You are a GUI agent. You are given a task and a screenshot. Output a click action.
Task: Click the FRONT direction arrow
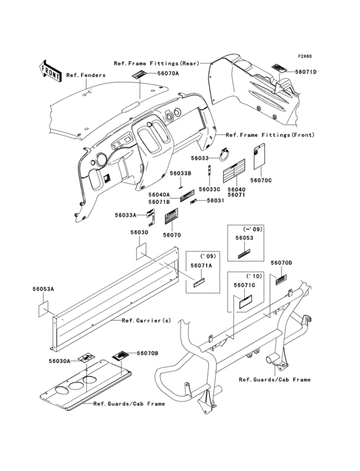(50, 71)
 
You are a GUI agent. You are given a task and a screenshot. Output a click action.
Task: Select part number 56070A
(166, 73)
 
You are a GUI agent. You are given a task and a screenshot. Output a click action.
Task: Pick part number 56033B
(181, 174)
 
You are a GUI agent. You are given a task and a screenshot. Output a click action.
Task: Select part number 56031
(215, 200)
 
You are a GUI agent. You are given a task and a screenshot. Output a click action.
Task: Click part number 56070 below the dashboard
(172, 235)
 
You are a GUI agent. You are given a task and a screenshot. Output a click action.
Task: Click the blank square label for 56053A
(43, 308)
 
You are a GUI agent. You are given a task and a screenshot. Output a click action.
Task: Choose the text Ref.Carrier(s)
(147, 320)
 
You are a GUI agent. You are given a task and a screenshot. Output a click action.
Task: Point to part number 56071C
(244, 285)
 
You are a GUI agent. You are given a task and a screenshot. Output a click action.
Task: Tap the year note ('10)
(254, 276)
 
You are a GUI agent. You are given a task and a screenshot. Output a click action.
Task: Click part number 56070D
(282, 263)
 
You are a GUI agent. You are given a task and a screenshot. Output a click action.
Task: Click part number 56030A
(59, 361)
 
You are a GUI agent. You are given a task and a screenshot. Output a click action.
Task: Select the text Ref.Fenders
(85, 75)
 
